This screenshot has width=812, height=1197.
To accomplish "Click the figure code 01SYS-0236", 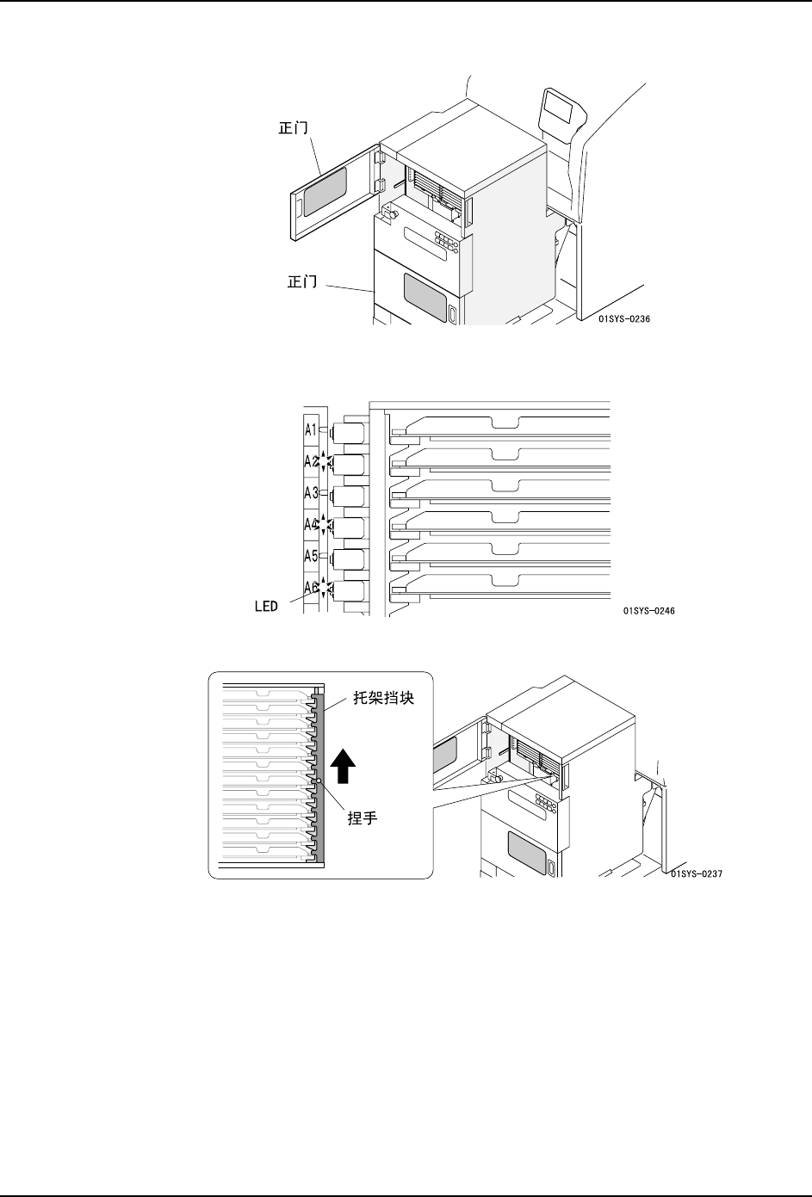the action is [623, 318].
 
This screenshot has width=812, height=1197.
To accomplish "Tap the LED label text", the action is [265, 606].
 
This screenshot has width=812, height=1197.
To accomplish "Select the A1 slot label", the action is [311, 429].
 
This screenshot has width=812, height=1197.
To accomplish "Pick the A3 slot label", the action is [311, 492].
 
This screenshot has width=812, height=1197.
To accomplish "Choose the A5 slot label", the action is [311, 556].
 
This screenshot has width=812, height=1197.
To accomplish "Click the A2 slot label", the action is [310, 460].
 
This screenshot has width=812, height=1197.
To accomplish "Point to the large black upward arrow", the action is [344, 766].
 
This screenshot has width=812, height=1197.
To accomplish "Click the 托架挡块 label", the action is [385, 699].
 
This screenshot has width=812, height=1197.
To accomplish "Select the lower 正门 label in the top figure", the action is [301, 281].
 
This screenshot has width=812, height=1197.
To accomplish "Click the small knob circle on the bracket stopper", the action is [319, 781].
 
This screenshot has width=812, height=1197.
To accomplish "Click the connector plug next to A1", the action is [349, 430].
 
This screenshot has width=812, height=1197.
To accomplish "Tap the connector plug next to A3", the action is [349, 496].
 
